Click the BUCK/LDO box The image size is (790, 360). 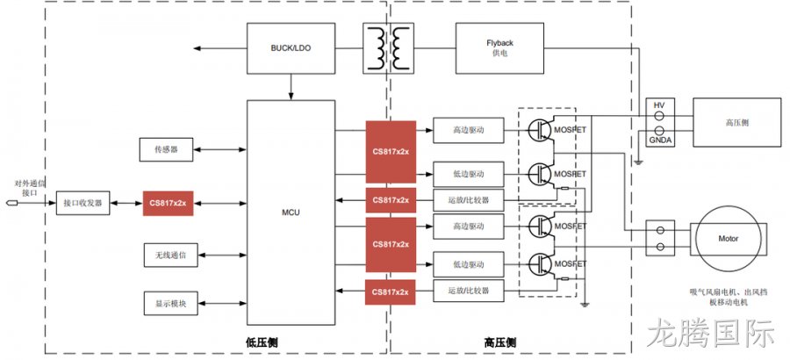pos(291,48)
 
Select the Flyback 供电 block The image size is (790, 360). pos(499,48)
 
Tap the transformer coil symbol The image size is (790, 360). pos(389,48)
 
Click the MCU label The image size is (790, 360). pos(291,212)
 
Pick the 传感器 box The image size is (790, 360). pos(166,150)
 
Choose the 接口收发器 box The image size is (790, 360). pos(83,203)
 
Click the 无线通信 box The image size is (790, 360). pos(171,256)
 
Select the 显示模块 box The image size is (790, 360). pos(171,304)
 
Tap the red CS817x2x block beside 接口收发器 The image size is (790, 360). pos(169,203)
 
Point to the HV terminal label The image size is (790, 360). pos(659,104)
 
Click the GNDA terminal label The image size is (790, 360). pos(659,140)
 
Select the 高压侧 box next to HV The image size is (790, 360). pos(737,123)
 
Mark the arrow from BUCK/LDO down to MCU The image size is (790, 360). pos(291,87)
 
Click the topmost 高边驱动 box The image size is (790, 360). pos(468,131)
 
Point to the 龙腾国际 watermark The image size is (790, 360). pos(711,332)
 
